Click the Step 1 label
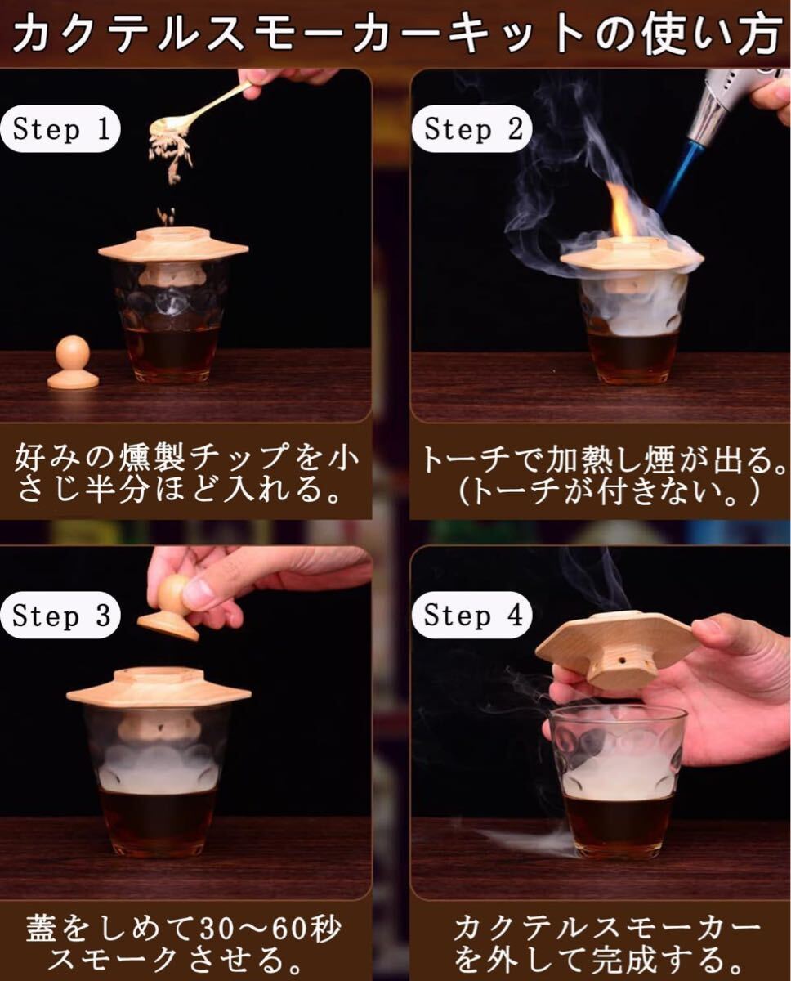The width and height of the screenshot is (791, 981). [61, 129]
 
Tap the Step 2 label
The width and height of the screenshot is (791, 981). [472, 129]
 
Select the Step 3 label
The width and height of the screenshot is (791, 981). [61, 615]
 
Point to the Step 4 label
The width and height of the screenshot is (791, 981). [472, 615]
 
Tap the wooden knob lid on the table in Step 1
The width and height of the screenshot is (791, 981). [73, 362]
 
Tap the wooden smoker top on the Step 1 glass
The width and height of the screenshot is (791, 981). [172, 247]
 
